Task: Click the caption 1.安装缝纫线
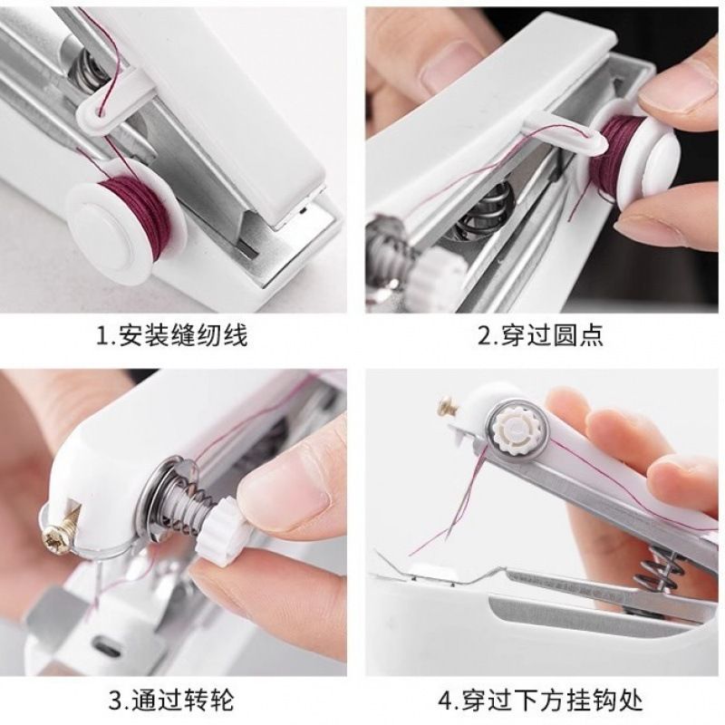click(x=171, y=335)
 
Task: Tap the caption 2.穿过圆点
click(x=540, y=335)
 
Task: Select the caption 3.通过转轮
click(x=171, y=700)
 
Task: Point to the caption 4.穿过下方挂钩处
click(x=540, y=700)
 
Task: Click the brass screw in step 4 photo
click(x=448, y=407)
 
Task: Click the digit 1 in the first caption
click(x=102, y=335)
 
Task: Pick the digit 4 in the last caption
click(x=445, y=700)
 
